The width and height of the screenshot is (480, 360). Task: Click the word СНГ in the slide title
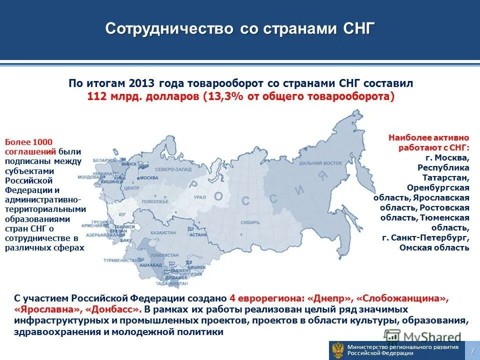[358, 28]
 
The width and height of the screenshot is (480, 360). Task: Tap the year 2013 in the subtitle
[142, 83]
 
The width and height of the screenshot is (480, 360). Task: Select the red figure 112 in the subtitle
[96, 96]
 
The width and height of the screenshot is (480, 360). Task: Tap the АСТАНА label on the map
[198, 234]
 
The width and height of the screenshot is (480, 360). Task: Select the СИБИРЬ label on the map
[248, 221]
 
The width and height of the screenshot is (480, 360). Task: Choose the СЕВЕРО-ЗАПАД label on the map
[172, 170]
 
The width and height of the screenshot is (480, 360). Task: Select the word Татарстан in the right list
[445, 177]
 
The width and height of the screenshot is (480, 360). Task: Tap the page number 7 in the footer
[472, 350]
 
